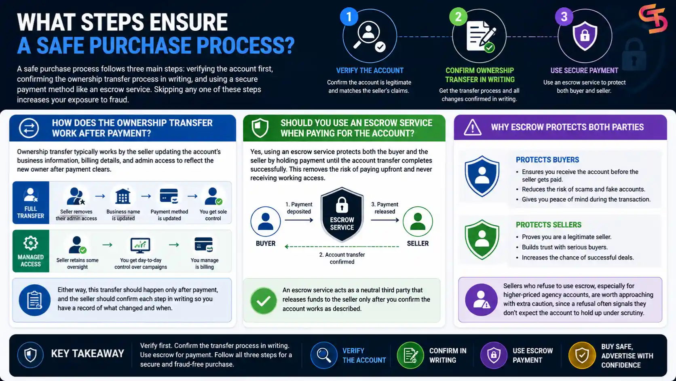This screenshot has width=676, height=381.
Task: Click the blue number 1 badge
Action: tap(349, 17)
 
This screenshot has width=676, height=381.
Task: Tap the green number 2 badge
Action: tap(458, 17)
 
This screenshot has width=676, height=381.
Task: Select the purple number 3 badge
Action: tap(564, 17)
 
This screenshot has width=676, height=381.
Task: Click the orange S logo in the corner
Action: tap(653, 19)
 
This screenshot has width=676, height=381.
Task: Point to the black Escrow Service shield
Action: tap(342, 215)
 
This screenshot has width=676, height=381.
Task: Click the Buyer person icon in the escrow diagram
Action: tap(266, 221)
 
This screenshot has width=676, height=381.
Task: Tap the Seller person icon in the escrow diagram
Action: tap(418, 221)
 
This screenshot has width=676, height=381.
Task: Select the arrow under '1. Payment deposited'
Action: tap(299, 220)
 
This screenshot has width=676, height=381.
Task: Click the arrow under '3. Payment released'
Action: tap(385, 220)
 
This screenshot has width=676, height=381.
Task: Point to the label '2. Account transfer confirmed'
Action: tap(342, 258)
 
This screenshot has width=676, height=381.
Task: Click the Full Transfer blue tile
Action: tap(31, 202)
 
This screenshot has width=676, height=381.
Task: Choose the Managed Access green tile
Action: tap(31, 251)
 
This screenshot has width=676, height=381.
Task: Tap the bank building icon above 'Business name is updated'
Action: tap(123, 196)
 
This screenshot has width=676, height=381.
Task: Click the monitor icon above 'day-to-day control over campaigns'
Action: tap(140, 245)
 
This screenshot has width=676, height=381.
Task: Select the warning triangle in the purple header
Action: tap(472, 127)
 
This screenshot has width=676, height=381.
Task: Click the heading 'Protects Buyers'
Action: tap(547, 160)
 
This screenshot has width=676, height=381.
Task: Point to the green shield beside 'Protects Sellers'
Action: tap(482, 240)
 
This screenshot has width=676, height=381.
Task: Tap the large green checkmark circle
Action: tap(264, 301)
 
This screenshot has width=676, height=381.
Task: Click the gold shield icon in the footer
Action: tap(582, 355)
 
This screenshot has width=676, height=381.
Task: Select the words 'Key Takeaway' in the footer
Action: tap(87, 353)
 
